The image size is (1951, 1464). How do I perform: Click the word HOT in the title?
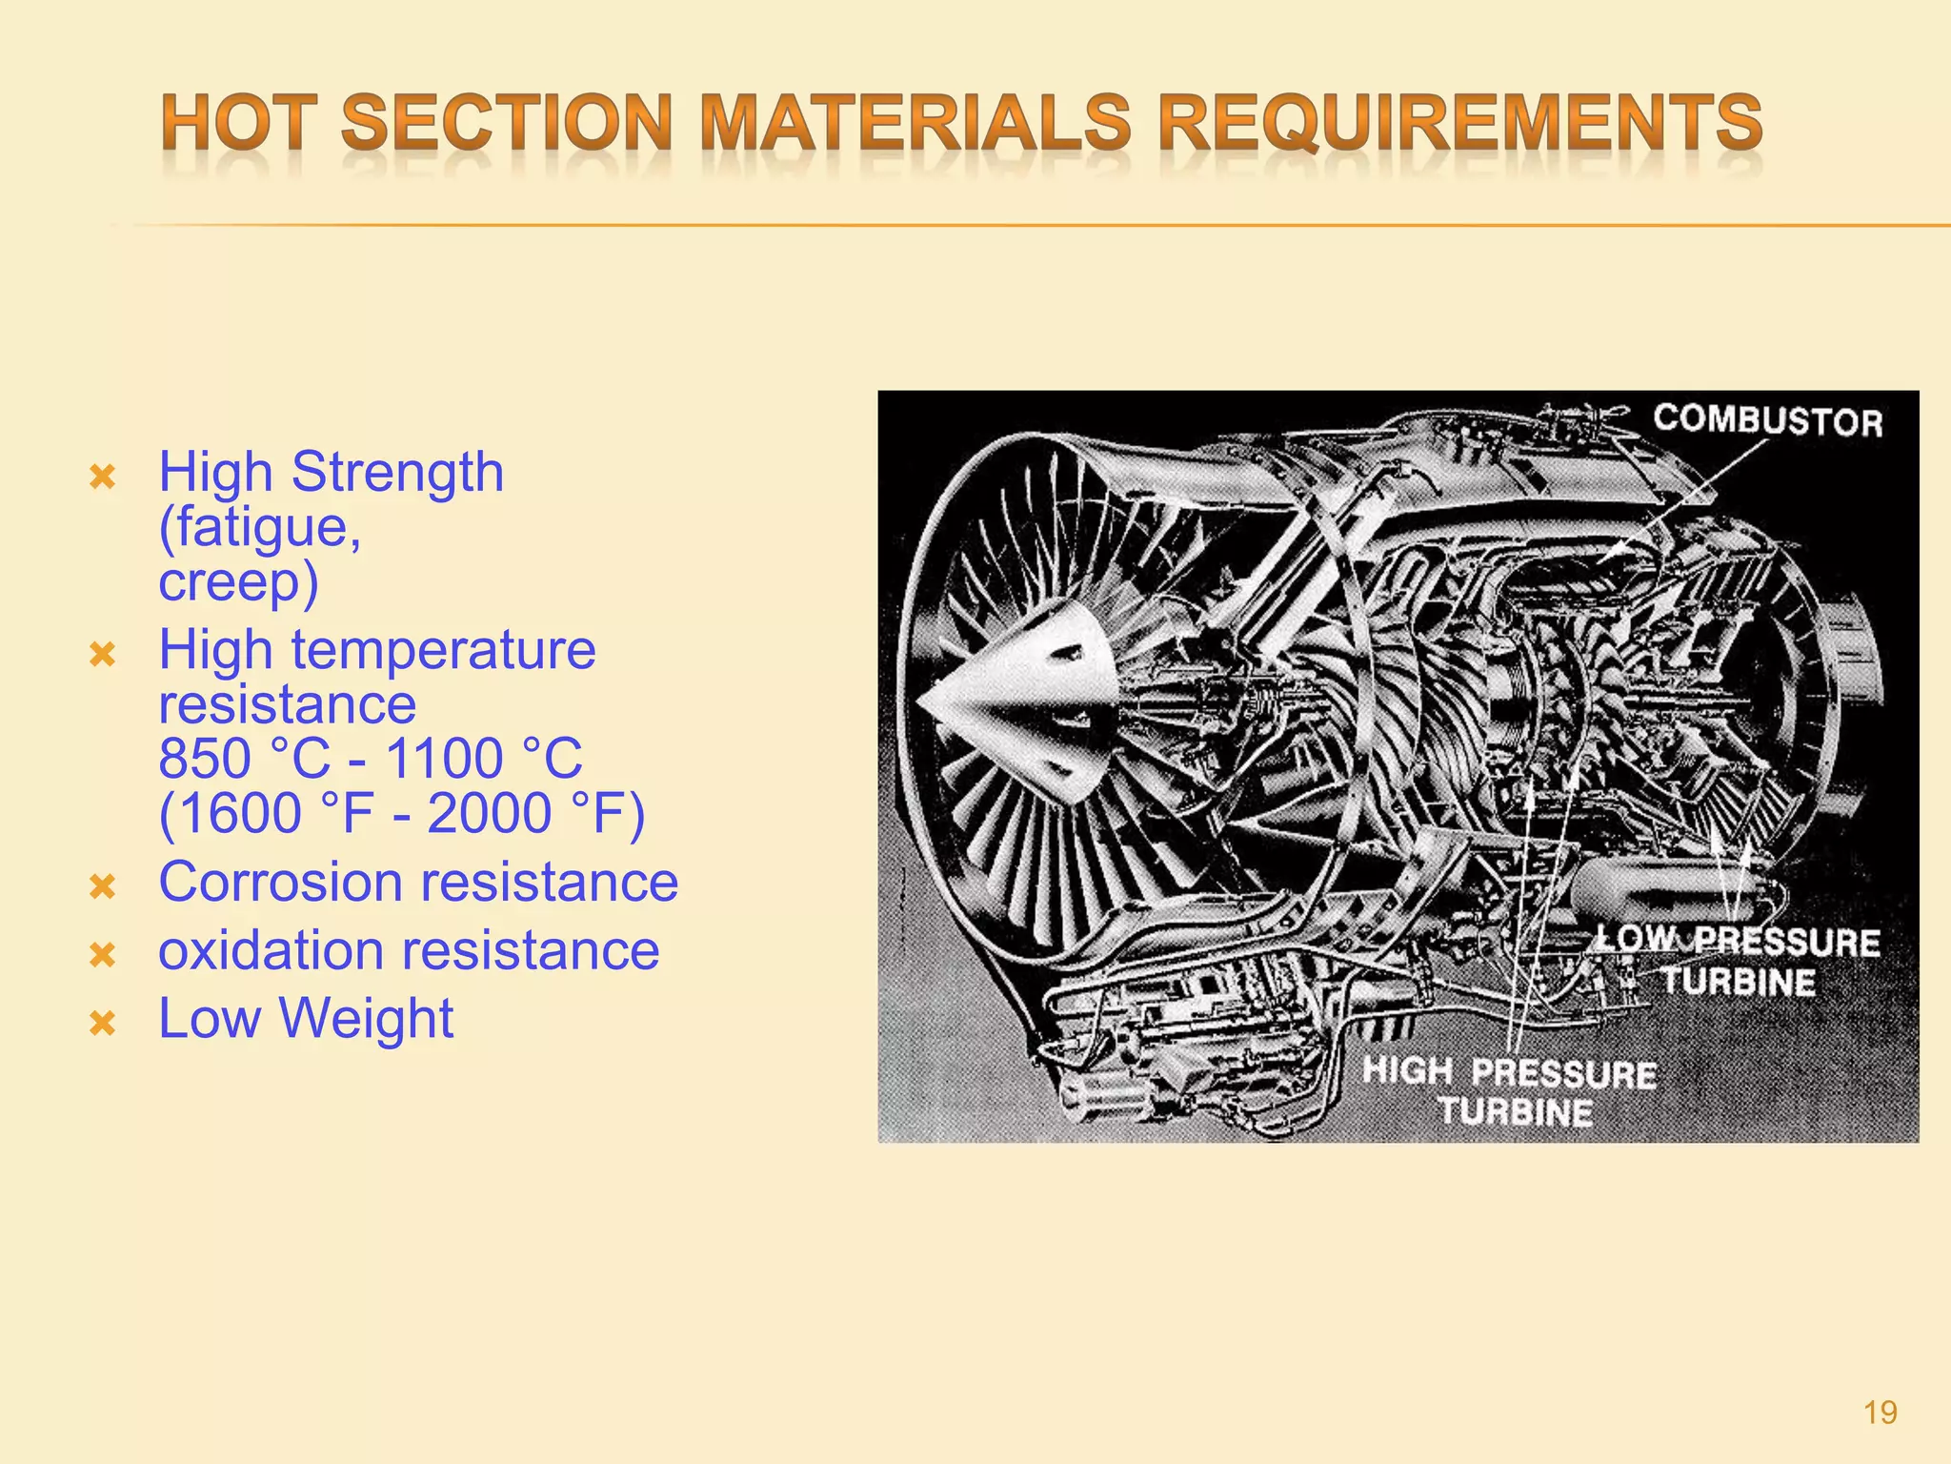pos(239,124)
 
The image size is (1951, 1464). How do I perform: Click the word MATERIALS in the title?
pos(916,124)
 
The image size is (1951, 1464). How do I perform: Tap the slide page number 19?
pos(1880,1413)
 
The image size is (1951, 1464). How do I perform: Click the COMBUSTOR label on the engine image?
pos(1768,420)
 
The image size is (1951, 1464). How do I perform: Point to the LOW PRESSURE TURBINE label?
pos(1740,962)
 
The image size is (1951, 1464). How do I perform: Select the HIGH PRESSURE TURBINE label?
pos(1511,1092)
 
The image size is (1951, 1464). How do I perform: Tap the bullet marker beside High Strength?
pos(102,477)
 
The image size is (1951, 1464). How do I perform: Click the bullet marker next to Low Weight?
pos(102,1024)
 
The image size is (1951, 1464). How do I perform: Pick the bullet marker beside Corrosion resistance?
pos(102,887)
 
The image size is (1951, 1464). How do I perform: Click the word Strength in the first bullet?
pos(397,473)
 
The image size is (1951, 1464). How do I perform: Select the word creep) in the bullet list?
pos(238,581)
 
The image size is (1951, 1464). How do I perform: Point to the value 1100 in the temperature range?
pos(444,760)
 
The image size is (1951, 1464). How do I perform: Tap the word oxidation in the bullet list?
pos(271,951)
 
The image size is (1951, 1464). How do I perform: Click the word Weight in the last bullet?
pos(366,1019)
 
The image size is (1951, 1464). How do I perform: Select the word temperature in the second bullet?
pos(443,650)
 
